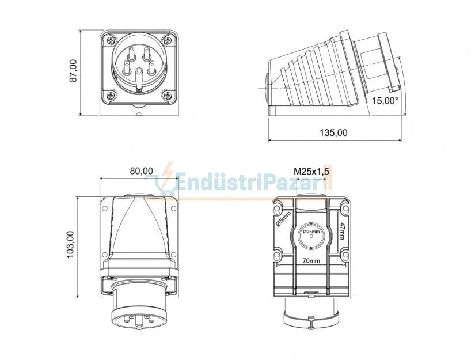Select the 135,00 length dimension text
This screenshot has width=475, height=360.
333,132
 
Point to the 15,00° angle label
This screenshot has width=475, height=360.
385,100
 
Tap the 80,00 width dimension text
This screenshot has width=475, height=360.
141,170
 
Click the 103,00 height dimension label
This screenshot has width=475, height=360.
70,245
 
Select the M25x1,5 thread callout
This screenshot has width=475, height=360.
311,171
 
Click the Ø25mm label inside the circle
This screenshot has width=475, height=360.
311,232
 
